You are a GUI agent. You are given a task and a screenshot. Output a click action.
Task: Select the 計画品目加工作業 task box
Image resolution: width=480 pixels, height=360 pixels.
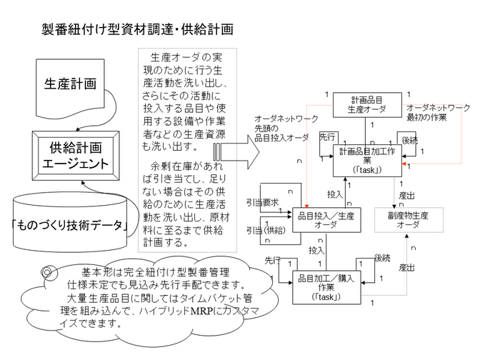coord(368,161)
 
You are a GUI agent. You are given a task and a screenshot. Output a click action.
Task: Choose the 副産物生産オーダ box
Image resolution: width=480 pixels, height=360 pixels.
coord(409,219)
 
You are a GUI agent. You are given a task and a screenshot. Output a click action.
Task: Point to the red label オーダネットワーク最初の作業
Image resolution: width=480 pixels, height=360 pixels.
coord(438,111)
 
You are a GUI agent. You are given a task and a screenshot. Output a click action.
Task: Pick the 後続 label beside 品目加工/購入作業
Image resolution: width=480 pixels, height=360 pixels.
coord(382,257)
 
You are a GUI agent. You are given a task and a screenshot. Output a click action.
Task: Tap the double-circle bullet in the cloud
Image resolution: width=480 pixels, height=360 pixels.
coord(49,273)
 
